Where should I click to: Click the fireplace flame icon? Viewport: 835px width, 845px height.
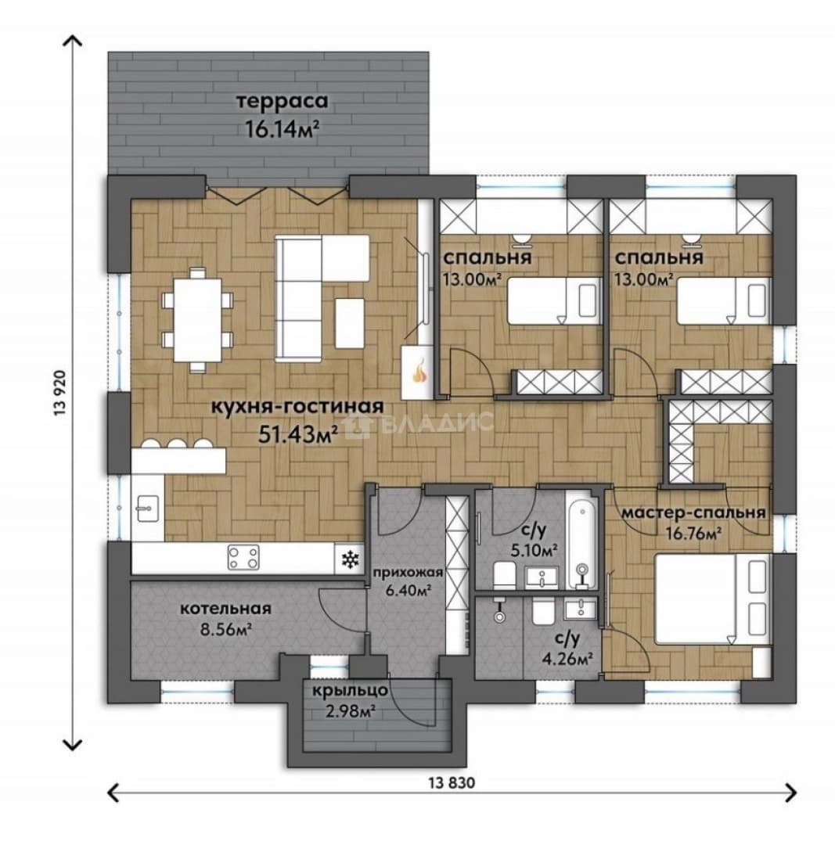(419, 371)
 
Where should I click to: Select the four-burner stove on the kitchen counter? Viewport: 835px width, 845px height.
(243, 557)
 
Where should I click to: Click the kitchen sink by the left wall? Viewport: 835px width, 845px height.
(147, 508)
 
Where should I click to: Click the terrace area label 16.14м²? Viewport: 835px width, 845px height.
(280, 129)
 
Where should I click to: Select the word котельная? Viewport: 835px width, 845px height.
(225, 609)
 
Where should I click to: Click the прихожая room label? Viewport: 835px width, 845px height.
(408, 573)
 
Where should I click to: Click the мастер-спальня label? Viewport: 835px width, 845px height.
(694, 512)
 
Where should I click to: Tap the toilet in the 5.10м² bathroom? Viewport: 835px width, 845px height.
(505, 574)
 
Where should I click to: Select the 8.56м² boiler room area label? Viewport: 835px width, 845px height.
(226, 629)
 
